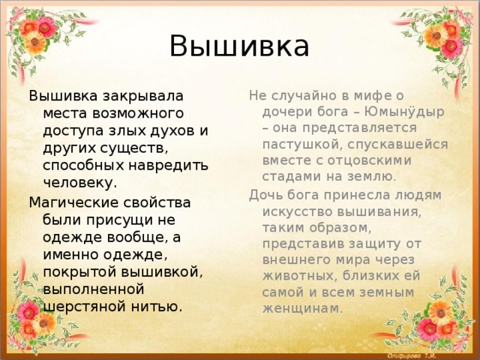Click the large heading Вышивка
pyautogui.click(x=239, y=46)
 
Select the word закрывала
pyautogui.click(x=143, y=96)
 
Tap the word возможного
pyautogui.click(x=138, y=113)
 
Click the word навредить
pyautogui.click(x=168, y=166)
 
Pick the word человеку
pyautogui.click(x=80, y=183)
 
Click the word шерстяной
pyautogui.click(x=85, y=307)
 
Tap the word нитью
pyautogui.click(x=157, y=307)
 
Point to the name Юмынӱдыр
pyautogui.click(x=404, y=112)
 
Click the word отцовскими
pyautogui.click(x=370, y=160)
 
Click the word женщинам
pyautogui.click(x=301, y=308)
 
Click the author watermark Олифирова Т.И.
pyautogui.click(x=412, y=355)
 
